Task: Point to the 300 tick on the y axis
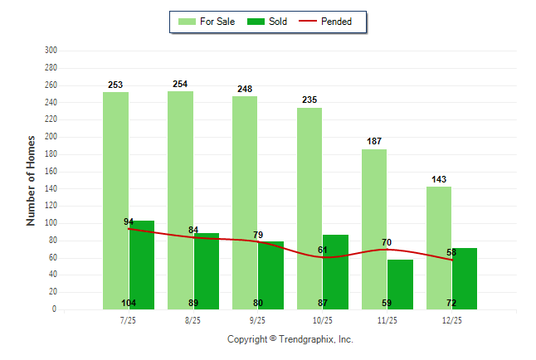tap(51, 51)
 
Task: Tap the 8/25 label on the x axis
tap(193, 320)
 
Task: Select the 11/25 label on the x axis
tap(387, 320)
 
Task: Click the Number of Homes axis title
tap(32, 180)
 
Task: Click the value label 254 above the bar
tap(180, 84)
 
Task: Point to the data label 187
tap(374, 142)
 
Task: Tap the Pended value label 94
tap(129, 221)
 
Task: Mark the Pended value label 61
tap(323, 250)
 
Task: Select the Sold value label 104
tap(129, 303)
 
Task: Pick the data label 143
tap(439, 179)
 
